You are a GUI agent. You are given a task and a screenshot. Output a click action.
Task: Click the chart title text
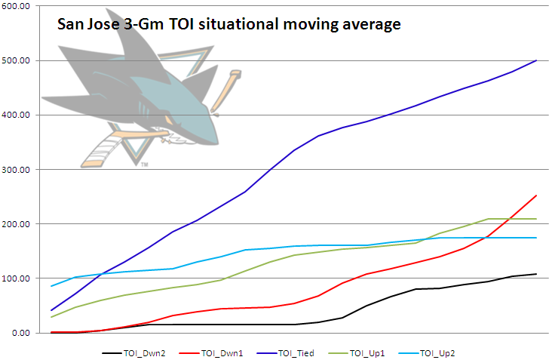tap(229, 25)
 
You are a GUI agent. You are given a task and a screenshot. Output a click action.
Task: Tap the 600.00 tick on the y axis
tap(17, 6)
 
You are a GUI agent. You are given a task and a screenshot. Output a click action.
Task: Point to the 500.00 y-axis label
tap(17, 60)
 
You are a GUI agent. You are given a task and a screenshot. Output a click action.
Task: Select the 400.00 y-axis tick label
tap(17, 115)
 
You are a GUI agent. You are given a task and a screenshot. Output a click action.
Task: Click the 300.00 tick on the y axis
tap(17, 170)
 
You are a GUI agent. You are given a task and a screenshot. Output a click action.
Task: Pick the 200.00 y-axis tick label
tap(17, 224)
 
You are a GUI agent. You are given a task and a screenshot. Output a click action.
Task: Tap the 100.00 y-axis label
tap(17, 278)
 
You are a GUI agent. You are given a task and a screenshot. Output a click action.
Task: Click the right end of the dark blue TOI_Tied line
tap(536, 60)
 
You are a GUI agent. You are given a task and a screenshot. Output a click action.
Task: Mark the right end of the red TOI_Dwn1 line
tap(536, 195)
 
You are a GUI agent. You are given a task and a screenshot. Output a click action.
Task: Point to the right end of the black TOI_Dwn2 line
tap(536, 274)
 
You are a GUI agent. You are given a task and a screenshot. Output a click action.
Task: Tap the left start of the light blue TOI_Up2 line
tap(51, 286)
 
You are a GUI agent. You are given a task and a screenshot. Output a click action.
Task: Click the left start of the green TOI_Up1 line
tap(51, 317)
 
